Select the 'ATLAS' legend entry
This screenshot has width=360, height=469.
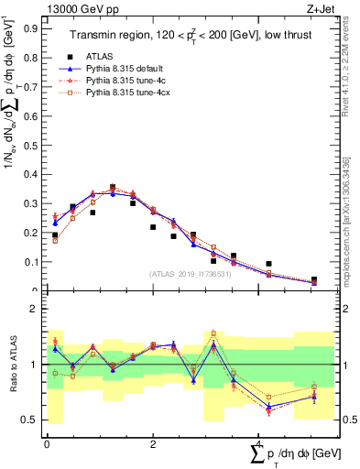pyautogui.click(x=100, y=54)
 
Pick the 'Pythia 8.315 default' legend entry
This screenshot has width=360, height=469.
pyautogui.click(x=127, y=68)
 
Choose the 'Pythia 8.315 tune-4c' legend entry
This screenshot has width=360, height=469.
pyautogui.click(x=127, y=81)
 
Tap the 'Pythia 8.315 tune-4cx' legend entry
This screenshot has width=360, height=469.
pyautogui.click(x=129, y=93)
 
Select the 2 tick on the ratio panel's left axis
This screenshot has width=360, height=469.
pyautogui.click(x=37, y=310)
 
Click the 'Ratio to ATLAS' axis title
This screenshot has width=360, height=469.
pyautogui.click(x=12, y=365)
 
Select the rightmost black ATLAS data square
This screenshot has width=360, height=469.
pyautogui.click(x=314, y=280)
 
